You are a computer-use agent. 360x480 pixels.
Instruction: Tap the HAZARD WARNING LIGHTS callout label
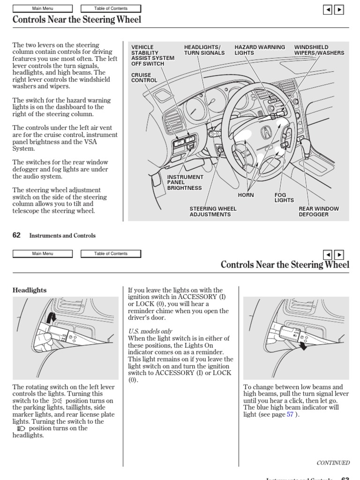260,50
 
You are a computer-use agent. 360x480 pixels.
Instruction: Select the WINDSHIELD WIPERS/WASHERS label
319,50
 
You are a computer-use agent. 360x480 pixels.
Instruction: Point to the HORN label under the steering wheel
246,195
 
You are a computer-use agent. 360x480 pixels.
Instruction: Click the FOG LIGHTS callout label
283,197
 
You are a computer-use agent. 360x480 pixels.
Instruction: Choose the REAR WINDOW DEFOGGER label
319,211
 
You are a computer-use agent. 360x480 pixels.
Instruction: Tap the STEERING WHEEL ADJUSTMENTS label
213,211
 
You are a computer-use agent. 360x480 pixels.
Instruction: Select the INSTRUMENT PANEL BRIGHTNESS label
185,183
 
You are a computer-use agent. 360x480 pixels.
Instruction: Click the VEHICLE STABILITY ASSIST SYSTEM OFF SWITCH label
152,55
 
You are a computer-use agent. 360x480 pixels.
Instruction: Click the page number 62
16,236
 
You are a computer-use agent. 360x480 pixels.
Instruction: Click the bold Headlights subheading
30,290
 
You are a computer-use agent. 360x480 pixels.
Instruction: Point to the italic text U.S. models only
150,331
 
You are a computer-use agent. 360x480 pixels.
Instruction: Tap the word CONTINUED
333,463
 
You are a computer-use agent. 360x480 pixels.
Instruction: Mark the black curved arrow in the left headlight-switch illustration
52,318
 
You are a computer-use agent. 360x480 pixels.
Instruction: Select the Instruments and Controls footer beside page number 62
62,236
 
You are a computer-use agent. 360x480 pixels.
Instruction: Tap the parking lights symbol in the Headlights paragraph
57,401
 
